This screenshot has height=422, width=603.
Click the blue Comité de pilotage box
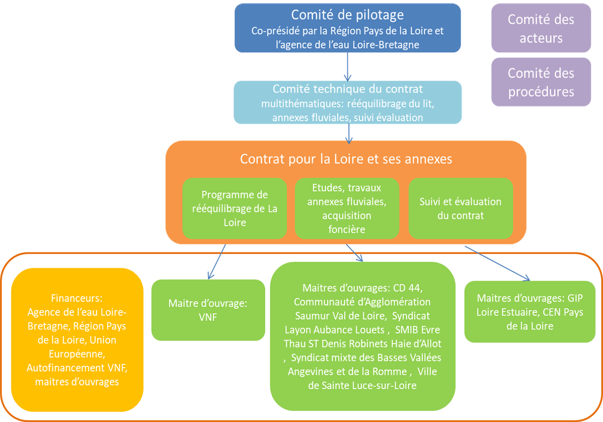pyautogui.click(x=347, y=28)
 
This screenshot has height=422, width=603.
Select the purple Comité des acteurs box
pyautogui.click(x=541, y=28)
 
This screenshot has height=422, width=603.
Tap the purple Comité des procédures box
pyautogui.click(x=541, y=82)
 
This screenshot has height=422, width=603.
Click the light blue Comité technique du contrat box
pyautogui.click(x=347, y=103)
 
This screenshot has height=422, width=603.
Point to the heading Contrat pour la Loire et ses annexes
pyautogui.click(x=346, y=159)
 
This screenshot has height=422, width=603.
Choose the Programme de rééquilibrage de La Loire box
pyautogui.click(x=234, y=209)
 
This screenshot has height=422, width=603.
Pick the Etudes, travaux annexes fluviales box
pyautogui.click(x=347, y=209)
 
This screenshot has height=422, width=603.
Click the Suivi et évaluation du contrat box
pyautogui.click(x=460, y=209)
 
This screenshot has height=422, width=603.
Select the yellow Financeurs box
pyautogui.click(x=77, y=340)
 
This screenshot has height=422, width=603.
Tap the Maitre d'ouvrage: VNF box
pyautogui.click(x=208, y=310)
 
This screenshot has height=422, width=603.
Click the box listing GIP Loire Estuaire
pyautogui.click(x=529, y=312)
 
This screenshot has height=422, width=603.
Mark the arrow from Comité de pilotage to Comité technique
pyautogui.click(x=348, y=66)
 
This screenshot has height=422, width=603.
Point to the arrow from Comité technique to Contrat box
pyautogui.click(x=349, y=133)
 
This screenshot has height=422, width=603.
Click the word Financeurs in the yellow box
pyautogui.click(x=77, y=298)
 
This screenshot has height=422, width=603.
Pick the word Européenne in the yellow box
pyautogui.click(x=76, y=354)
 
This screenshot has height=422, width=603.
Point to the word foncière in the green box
pyautogui.click(x=347, y=230)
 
